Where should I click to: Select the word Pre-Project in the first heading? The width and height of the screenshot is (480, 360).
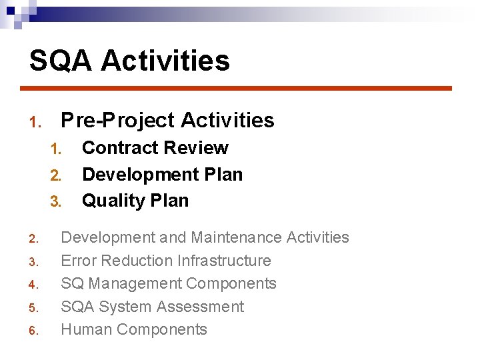[x=117, y=121]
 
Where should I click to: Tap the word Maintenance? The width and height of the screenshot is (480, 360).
[x=236, y=237]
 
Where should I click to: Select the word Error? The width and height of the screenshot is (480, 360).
[x=78, y=261]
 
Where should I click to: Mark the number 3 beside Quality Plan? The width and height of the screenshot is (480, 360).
[x=55, y=201]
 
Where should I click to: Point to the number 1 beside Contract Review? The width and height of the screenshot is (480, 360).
[x=55, y=149]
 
